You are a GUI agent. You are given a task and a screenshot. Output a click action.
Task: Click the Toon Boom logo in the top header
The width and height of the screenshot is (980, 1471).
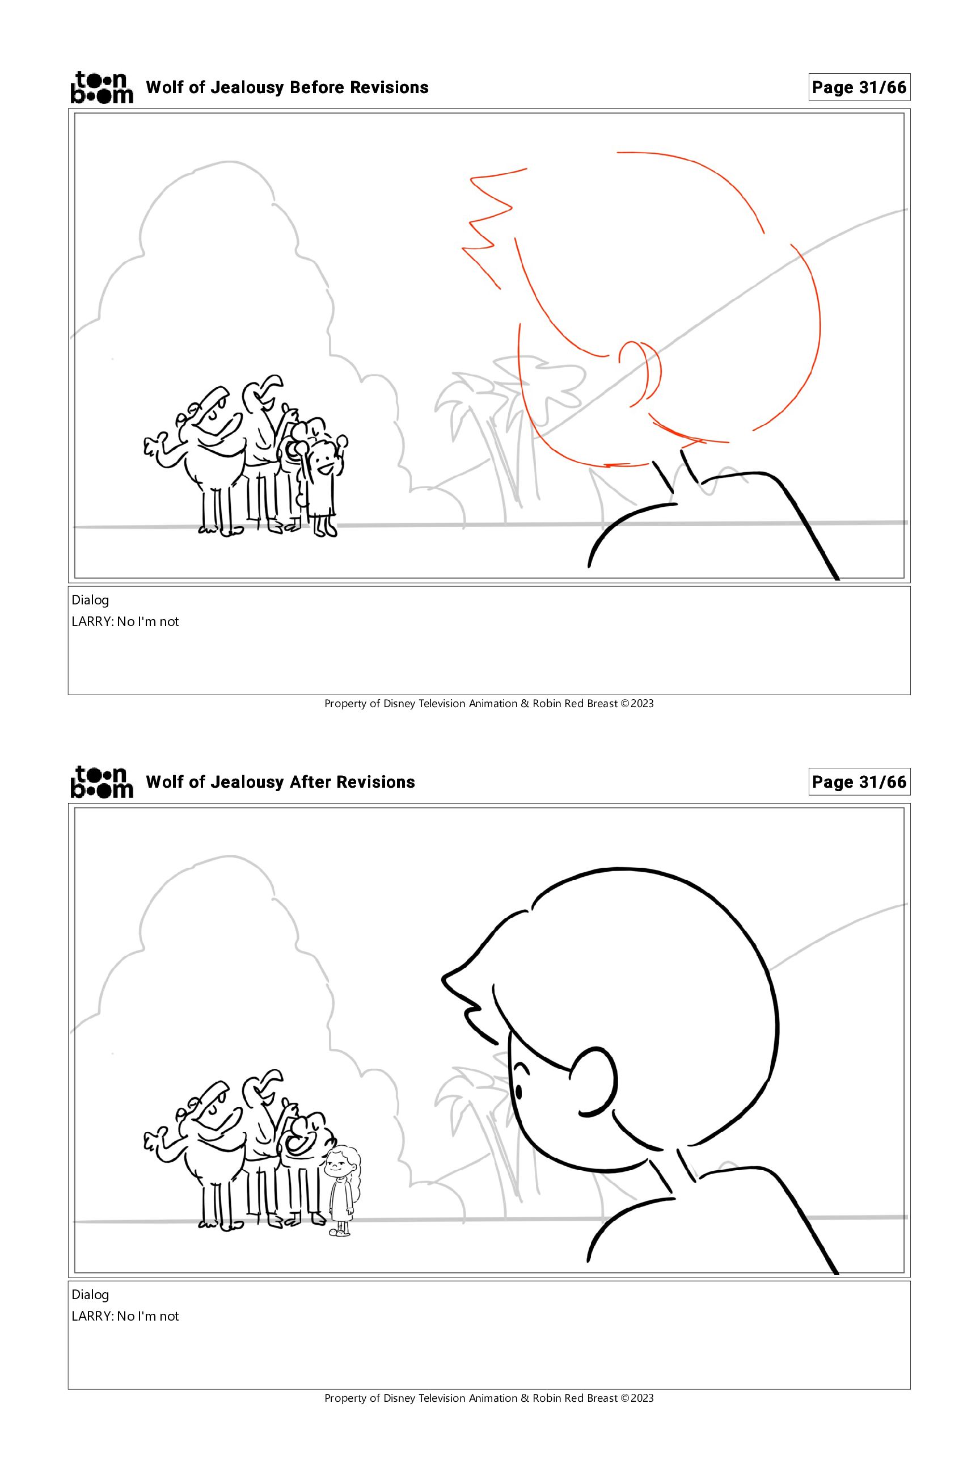tap(102, 87)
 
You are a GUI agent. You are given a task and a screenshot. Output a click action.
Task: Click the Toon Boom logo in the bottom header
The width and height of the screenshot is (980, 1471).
tap(102, 782)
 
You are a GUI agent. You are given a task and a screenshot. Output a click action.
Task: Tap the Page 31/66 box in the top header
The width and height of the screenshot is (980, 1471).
tap(859, 87)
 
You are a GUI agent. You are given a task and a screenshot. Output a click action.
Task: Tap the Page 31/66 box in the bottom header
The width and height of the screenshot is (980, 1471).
tap(859, 783)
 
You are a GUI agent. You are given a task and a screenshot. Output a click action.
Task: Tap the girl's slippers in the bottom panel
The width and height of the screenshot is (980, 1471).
tap(340, 1232)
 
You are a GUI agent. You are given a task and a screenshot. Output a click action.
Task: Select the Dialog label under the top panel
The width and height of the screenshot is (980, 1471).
tap(90, 600)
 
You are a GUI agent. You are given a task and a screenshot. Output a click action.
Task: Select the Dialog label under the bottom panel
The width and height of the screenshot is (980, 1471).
tap(90, 1295)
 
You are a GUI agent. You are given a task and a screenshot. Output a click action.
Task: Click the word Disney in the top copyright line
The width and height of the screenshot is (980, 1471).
tap(399, 704)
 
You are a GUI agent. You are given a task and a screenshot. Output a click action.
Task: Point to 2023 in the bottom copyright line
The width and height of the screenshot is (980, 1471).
tap(642, 1398)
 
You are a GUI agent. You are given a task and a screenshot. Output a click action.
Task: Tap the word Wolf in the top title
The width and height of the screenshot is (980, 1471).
tap(164, 87)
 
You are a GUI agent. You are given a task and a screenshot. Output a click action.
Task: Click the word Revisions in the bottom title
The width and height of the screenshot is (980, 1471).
tap(375, 783)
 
